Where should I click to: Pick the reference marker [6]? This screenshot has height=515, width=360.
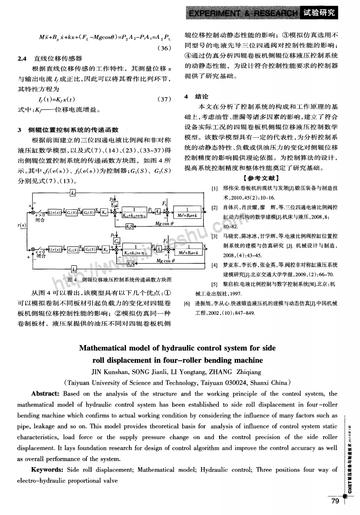tap(186, 303)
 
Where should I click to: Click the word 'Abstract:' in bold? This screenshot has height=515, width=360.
tap(46, 394)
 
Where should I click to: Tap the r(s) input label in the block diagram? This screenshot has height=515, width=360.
tap(21, 226)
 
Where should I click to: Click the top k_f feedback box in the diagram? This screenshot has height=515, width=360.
tap(72, 195)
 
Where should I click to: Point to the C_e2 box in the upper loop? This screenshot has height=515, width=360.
tap(115, 205)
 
